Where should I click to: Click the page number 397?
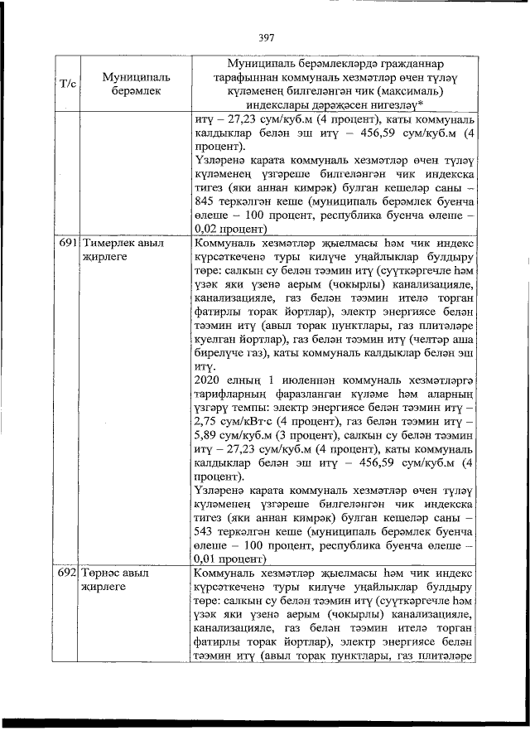[266, 37]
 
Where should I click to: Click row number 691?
[67, 244]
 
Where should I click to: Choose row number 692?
[67, 573]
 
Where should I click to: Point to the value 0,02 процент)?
[229, 227]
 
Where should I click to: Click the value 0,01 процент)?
[229, 559]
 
